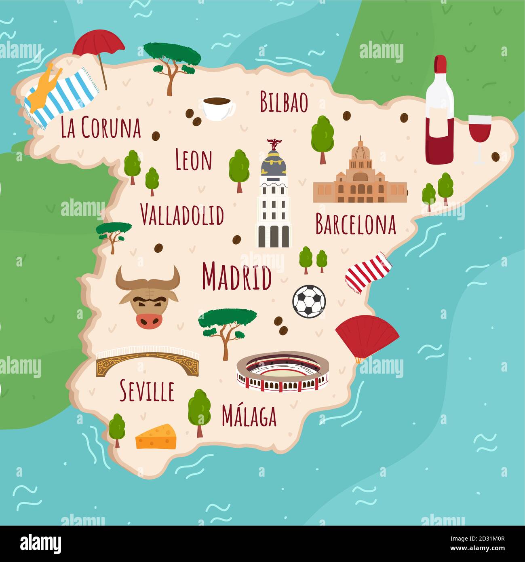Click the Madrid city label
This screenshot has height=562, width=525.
pos(236,277)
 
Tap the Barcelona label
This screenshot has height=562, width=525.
pos(355,224)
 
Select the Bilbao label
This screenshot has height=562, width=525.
pos(284,102)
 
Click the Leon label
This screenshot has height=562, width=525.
pos(194,160)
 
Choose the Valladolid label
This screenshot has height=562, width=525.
pos(182,215)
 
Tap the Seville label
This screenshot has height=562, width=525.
pos(147,391)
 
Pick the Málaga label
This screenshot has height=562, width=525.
pos(249,416)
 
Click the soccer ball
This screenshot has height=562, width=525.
pos(309,301)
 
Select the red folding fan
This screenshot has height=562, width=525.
pos(365,336)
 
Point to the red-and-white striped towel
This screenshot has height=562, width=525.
pos(368,272)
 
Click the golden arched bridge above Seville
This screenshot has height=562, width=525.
pos(148,361)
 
